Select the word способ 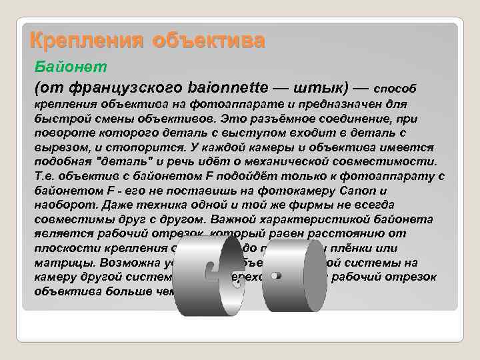(x=399, y=88)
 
